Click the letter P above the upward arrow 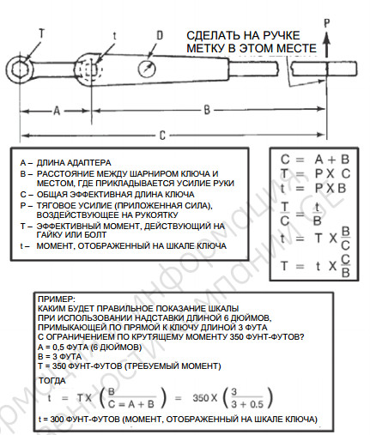327,23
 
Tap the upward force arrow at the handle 327,45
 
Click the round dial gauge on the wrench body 147,69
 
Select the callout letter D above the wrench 160,35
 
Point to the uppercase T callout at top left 42,33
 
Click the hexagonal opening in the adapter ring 19,69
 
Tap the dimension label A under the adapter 57,111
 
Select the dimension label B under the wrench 207,110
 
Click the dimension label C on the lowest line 162,135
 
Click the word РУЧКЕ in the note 281,35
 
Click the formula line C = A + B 315,160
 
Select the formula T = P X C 315,173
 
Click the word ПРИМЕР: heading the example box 57,299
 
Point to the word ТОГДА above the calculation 52,381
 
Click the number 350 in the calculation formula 200,398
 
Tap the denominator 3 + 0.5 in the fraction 247,404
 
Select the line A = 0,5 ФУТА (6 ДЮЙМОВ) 89,347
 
